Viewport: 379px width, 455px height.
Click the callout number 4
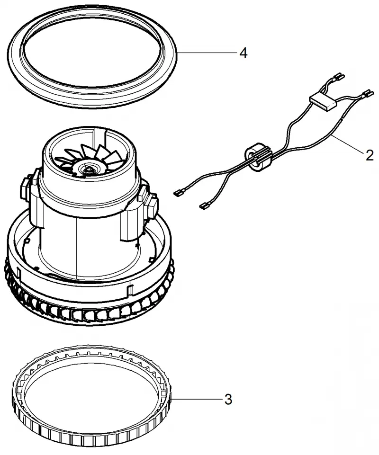point(244,54)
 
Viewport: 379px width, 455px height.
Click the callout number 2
point(370,156)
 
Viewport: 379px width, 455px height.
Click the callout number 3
point(228,400)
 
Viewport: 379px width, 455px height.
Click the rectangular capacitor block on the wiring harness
point(324,102)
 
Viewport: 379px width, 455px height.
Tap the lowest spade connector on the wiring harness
point(205,206)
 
